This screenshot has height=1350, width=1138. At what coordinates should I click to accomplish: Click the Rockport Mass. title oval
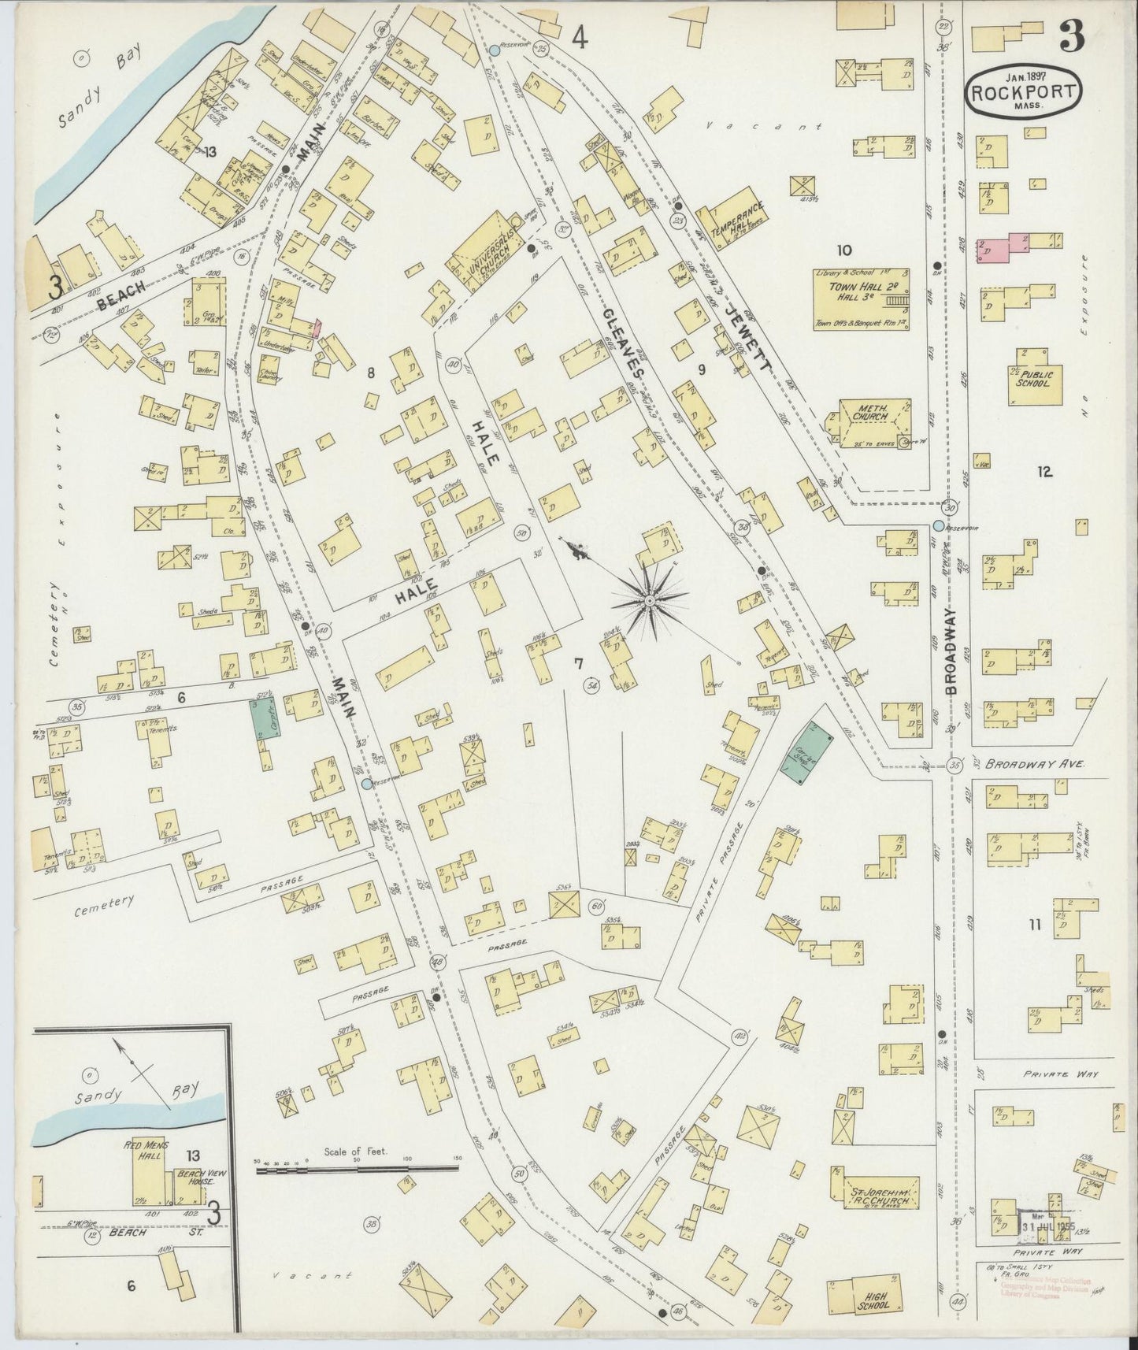(1024, 92)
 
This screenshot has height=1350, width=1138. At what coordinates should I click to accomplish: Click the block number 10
(844, 250)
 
